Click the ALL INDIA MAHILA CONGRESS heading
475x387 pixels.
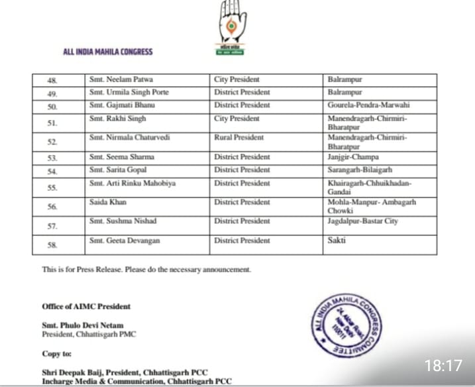coord(108,52)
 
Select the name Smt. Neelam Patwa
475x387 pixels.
coord(116,80)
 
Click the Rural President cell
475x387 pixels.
coord(239,138)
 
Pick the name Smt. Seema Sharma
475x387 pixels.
coord(118,157)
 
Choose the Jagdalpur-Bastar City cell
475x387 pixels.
coord(363,221)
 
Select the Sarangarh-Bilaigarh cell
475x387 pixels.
coord(360,170)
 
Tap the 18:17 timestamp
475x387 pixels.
coord(443,365)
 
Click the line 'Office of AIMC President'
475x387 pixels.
coord(86,306)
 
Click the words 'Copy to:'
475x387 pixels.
coord(57,354)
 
